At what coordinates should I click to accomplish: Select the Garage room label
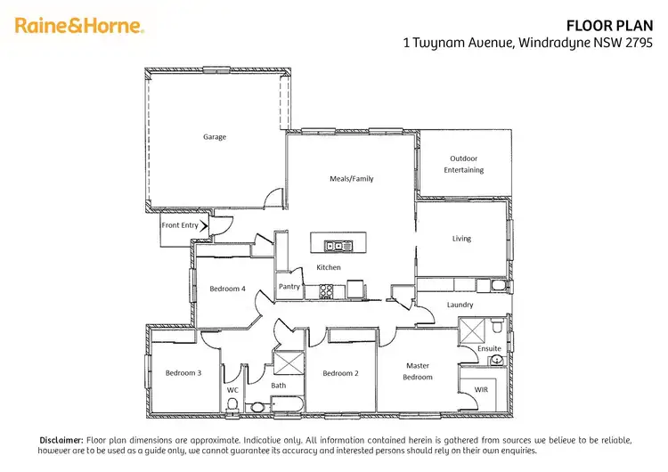[215, 137]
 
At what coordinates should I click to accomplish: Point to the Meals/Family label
[352, 179]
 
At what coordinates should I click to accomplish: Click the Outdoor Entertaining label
[465, 165]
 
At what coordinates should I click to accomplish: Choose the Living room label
[461, 239]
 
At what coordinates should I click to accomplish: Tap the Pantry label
[289, 287]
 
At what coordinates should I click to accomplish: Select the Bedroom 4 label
[227, 289]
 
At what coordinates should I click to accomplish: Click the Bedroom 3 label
[183, 373]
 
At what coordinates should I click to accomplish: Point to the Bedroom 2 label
[340, 373]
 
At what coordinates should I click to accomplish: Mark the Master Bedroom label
[418, 371]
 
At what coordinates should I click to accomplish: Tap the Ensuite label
[489, 348]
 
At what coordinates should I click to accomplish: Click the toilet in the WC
[232, 405]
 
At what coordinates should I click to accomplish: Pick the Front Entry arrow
[206, 226]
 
